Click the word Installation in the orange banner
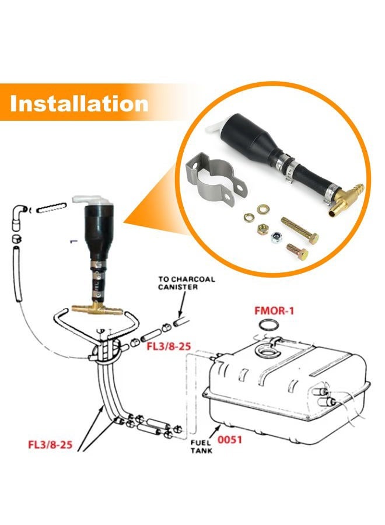click(79, 103)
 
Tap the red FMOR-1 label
click(274, 310)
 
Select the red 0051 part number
click(230, 439)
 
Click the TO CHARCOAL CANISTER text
click(187, 283)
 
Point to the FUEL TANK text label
click(201, 446)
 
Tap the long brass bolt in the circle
click(300, 230)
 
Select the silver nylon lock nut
click(275, 237)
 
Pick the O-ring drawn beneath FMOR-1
click(268, 325)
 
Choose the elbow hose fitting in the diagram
click(19, 218)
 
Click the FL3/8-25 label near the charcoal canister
click(169, 346)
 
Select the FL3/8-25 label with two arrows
click(50, 444)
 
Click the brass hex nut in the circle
click(263, 230)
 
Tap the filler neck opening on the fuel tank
click(267, 350)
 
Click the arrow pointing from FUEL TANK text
click(215, 430)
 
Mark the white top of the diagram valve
click(91, 200)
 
